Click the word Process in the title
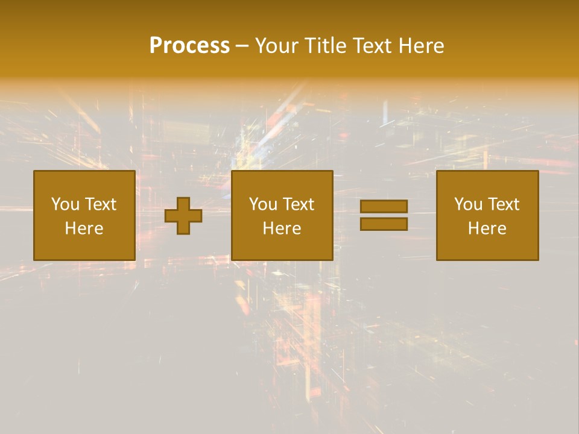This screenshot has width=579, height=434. point(189,46)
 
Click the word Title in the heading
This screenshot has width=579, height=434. point(325,46)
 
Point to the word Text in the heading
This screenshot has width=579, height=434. point(372,46)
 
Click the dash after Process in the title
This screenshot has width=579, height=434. point(242,46)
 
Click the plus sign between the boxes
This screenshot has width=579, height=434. point(183,216)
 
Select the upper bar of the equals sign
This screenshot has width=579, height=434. point(384,206)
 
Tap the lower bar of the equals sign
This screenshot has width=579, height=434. point(384,224)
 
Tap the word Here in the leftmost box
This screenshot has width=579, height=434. point(84,228)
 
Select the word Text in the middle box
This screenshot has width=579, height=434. point(298,204)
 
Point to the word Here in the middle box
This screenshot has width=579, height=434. point(282,228)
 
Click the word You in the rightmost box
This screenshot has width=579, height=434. point(468,204)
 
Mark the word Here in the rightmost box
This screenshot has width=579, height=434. point(487,228)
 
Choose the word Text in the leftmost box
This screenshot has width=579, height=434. point(100,204)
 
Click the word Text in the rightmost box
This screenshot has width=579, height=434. point(503,204)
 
